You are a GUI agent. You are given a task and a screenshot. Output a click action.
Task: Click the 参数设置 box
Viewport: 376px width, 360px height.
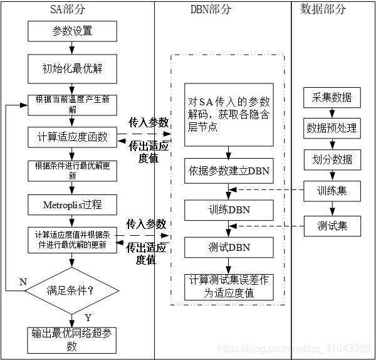coord(72,31)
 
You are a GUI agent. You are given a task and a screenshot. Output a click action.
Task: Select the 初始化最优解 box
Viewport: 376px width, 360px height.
coord(72,68)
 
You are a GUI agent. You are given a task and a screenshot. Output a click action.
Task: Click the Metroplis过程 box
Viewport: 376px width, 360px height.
coord(72,204)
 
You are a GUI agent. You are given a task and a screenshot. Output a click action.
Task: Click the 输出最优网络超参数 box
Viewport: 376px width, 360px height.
coord(72,340)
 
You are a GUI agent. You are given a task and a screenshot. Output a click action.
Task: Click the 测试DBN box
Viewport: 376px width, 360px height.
coord(229,247)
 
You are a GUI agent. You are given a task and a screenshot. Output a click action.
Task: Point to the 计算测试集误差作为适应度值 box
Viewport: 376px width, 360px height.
coord(229,285)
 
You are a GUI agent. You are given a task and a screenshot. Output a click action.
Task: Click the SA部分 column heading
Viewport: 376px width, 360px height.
coord(72,9)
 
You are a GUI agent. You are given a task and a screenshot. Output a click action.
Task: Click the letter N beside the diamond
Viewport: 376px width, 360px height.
coord(23,282)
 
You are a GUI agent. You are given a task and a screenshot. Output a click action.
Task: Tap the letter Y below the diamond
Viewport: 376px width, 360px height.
coord(88,317)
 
